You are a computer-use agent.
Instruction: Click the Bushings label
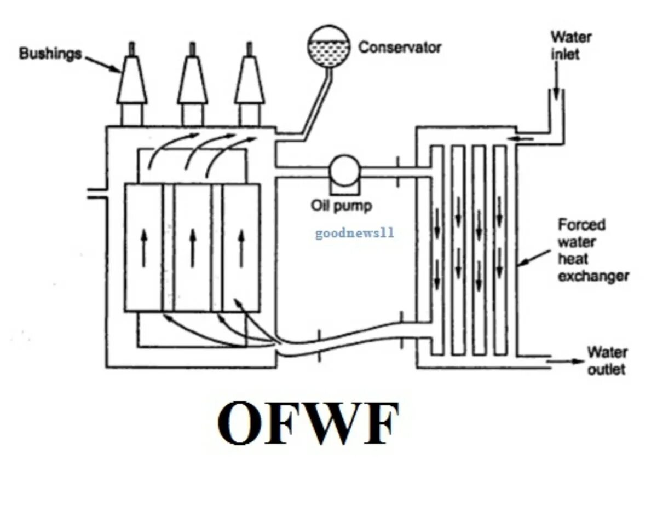[x=50, y=54]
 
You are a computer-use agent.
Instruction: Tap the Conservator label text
[x=400, y=48]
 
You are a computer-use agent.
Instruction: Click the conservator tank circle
[x=328, y=45]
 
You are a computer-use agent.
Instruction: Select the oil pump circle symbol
[x=343, y=171]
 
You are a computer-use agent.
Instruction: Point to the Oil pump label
[x=342, y=206]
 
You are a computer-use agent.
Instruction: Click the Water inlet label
[x=570, y=46]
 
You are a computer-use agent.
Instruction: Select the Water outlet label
[x=607, y=361]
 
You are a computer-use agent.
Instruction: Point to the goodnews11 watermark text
[x=354, y=234]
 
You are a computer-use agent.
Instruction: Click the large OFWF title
[x=308, y=424]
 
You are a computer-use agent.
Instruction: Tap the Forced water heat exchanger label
[x=593, y=250]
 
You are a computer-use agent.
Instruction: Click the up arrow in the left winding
[x=144, y=248]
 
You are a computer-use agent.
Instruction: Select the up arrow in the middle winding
[x=193, y=248]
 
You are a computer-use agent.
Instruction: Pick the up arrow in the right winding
[x=241, y=248]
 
